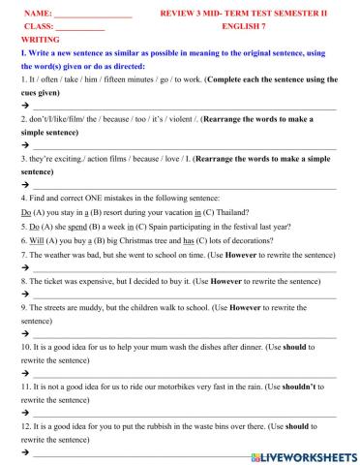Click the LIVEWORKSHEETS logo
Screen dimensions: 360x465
coord(303,455)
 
